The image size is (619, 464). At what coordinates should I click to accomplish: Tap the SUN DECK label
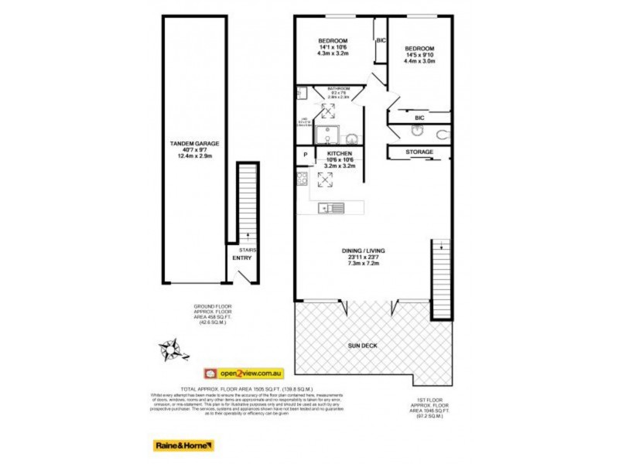click(x=363, y=346)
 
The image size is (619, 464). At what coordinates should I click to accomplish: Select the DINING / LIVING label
click(x=363, y=251)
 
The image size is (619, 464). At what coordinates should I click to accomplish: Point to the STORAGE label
click(x=419, y=152)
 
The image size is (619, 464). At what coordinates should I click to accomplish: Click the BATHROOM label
click(x=339, y=89)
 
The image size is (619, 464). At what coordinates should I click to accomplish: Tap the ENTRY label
click(x=241, y=258)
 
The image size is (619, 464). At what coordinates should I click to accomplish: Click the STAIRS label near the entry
click(x=248, y=251)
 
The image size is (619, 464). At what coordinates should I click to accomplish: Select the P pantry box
click(x=306, y=155)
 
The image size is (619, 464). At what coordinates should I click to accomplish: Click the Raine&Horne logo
click(x=183, y=445)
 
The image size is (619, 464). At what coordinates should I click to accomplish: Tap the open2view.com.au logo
click(x=243, y=373)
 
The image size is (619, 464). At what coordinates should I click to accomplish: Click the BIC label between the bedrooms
click(x=380, y=40)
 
